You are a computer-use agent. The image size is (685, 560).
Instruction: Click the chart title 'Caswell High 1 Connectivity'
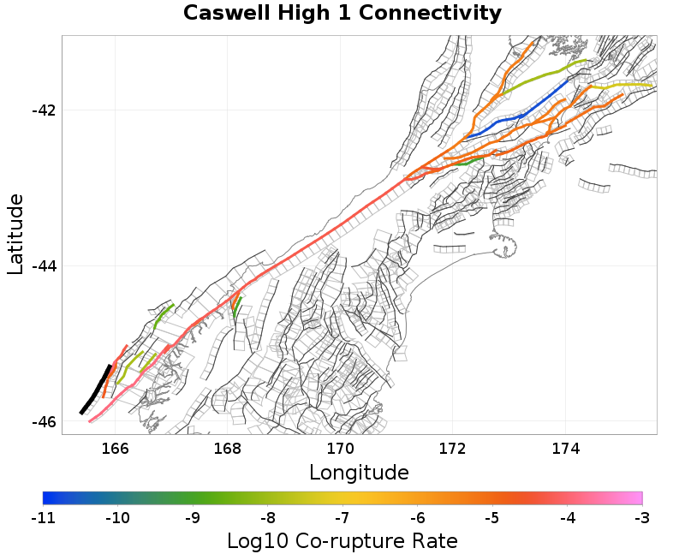[342, 14]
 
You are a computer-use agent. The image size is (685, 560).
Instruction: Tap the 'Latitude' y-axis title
[15, 234]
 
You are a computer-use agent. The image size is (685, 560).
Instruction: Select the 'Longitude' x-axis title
[359, 472]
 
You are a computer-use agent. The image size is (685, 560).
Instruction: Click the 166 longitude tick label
[115, 448]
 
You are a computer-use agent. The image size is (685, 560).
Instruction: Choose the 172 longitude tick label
[452, 448]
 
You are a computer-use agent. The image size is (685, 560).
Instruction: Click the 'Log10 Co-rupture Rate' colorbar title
[342, 541]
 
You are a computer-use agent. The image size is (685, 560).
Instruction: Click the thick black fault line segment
[96, 390]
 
